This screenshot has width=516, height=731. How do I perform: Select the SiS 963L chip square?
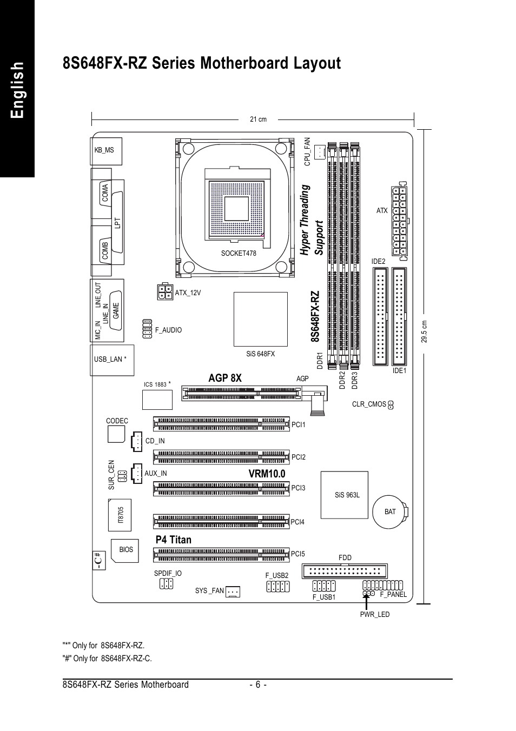point(345,495)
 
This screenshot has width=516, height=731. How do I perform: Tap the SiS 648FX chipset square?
point(261,319)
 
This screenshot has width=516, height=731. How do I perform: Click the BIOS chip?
point(125,550)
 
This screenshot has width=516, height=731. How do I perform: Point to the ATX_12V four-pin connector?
point(165,291)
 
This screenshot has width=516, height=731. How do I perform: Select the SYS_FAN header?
point(233,592)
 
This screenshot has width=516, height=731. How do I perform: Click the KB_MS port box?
point(106,151)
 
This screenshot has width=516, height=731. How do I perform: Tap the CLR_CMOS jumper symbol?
point(391,404)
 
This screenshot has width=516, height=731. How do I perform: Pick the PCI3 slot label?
point(299,488)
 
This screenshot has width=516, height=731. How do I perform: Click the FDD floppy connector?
point(345,571)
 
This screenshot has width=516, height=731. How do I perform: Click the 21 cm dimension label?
point(258,119)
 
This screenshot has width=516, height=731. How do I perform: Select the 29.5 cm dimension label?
point(424,331)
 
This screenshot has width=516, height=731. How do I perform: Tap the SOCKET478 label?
point(239,253)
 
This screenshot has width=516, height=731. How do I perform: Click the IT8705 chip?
point(120,515)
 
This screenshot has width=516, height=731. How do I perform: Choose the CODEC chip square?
point(116,434)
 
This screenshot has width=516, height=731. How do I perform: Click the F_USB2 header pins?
point(278,587)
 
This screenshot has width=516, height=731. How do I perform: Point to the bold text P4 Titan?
point(173,540)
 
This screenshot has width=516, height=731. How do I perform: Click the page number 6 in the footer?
point(258,685)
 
